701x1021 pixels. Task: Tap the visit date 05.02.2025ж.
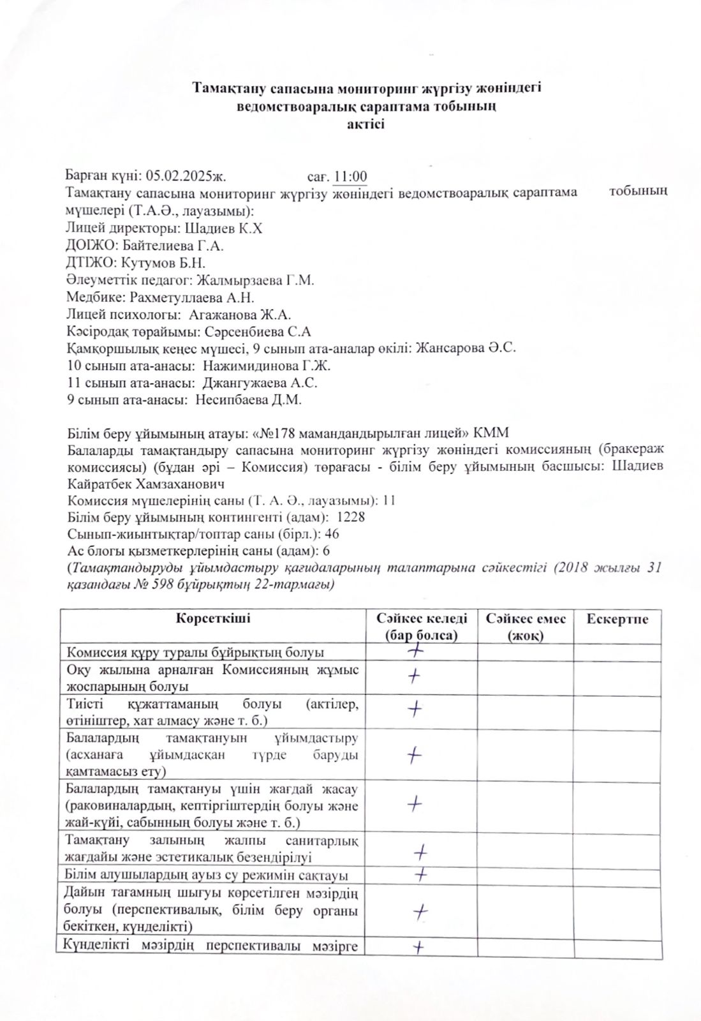click(186, 177)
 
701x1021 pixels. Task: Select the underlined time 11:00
click(351, 177)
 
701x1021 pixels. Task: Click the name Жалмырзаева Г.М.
click(255, 279)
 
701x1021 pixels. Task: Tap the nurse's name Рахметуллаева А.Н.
click(192, 297)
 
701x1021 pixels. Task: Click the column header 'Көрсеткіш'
click(213, 618)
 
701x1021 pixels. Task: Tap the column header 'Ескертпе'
click(617, 619)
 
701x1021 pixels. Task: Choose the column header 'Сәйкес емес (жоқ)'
click(525, 627)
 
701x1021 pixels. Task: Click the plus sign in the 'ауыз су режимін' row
click(420, 874)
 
